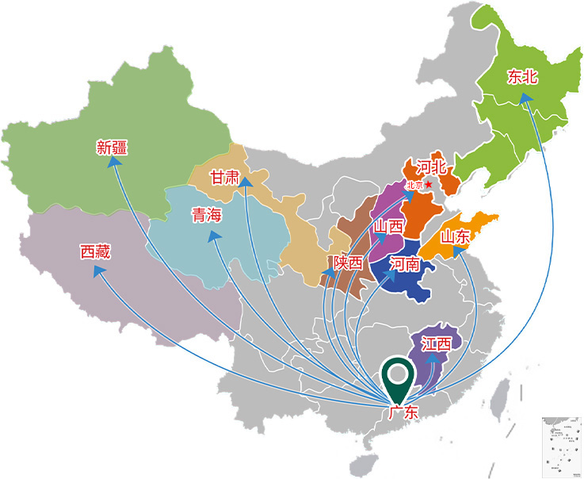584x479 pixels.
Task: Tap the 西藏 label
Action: pyautogui.click(x=95, y=251)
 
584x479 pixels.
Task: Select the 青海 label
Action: pyautogui.click(x=208, y=215)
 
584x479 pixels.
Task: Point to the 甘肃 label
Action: pyautogui.click(x=224, y=177)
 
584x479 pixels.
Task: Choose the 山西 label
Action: pyautogui.click(x=389, y=227)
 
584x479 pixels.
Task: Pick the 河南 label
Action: pyautogui.click(x=405, y=263)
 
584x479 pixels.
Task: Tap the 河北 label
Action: pyautogui.click(x=432, y=167)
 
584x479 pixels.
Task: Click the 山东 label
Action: pyautogui.click(x=456, y=236)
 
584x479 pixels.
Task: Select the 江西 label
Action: pyautogui.click(x=436, y=344)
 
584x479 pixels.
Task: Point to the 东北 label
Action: pyautogui.click(x=523, y=77)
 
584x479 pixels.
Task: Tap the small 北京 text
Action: pyautogui.click(x=414, y=185)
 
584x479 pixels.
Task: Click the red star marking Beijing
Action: pyautogui.click(x=428, y=184)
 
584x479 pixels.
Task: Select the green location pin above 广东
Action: pyautogui.click(x=399, y=381)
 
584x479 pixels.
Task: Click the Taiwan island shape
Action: pyautogui.click(x=501, y=394)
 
